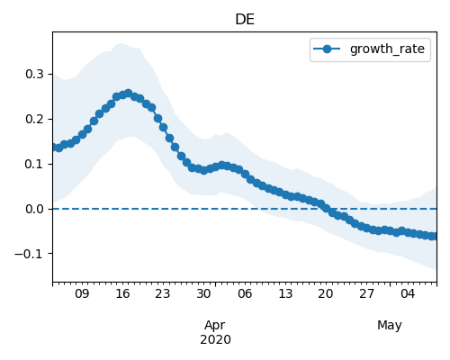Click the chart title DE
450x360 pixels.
[x=245, y=20]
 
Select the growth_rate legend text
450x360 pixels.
[x=387, y=49]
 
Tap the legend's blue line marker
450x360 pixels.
[x=327, y=49]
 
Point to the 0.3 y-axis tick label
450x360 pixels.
[x=35, y=74]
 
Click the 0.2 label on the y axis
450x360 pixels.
[x=35, y=119]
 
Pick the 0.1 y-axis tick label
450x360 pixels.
[x=35, y=164]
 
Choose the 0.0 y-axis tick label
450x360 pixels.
[x=35, y=209]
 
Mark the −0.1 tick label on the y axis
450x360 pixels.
[x=30, y=254]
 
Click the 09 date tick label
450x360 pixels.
[x=82, y=293]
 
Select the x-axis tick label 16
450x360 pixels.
[x=122, y=293]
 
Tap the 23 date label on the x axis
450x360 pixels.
[x=163, y=293]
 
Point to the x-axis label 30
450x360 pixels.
[x=203, y=293]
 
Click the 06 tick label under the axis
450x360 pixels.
[x=245, y=293]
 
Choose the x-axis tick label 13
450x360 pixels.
[x=285, y=293]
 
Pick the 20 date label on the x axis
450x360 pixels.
[x=326, y=293]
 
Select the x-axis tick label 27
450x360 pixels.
[x=366, y=293]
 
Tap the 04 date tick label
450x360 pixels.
[x=408, y=293]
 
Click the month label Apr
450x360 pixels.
[x=215, y=326]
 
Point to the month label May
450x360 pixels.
[x=390, y=326]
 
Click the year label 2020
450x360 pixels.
[x=215, y=339]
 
